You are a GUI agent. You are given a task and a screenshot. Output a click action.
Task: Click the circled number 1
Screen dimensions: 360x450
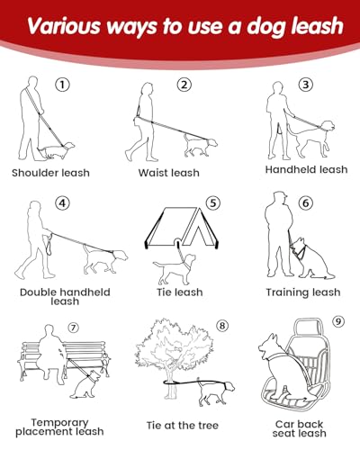(62, 85)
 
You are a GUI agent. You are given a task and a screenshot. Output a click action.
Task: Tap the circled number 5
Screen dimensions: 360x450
(213, 203)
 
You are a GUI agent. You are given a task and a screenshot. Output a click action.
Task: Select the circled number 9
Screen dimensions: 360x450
(338, 321)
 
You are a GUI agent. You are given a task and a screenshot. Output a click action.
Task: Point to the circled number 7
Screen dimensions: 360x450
(73, 328)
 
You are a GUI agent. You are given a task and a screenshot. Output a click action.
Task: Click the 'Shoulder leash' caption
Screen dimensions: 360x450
(50, 173)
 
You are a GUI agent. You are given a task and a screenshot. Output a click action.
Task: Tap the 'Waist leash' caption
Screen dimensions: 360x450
(168, 173)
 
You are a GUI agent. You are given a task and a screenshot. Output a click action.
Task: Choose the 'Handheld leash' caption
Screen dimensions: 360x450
(306, 169)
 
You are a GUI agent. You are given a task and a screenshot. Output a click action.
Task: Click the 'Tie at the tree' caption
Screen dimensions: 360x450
(183, 425)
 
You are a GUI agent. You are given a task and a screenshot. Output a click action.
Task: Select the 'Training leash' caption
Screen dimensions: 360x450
(303, 292)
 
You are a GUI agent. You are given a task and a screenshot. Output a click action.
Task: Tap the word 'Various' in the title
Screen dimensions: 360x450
(64, 25)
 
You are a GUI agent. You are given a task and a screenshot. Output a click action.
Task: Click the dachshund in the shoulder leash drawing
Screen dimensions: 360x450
(56, 150)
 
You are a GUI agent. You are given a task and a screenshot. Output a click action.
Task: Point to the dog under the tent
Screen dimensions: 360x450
(175, 269)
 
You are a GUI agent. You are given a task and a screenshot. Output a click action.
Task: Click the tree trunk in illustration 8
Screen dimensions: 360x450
(171, 384)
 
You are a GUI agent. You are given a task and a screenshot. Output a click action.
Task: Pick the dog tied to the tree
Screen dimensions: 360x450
(215, 393)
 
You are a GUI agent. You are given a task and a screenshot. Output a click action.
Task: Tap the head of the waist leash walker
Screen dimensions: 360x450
(147, 90)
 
